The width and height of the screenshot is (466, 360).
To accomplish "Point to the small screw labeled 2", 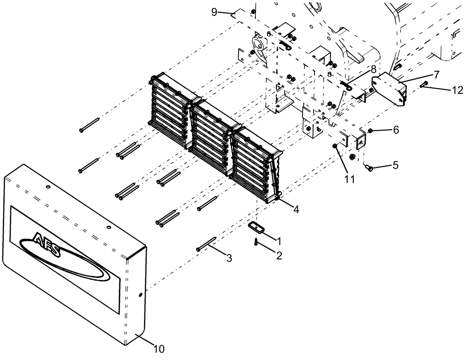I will (x=256, y=242).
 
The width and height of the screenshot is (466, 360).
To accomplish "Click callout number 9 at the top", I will (x=214, y=12).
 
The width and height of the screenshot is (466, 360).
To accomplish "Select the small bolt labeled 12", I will (x=424, y=85).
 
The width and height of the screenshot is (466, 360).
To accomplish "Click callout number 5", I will (x=395, y=165).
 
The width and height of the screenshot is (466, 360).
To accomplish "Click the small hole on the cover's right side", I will (x=140, y=295).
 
